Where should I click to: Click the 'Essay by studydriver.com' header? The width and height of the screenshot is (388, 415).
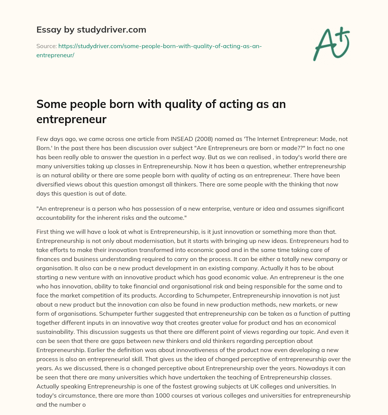point(91,30)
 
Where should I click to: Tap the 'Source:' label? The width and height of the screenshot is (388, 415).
point(46,46)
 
